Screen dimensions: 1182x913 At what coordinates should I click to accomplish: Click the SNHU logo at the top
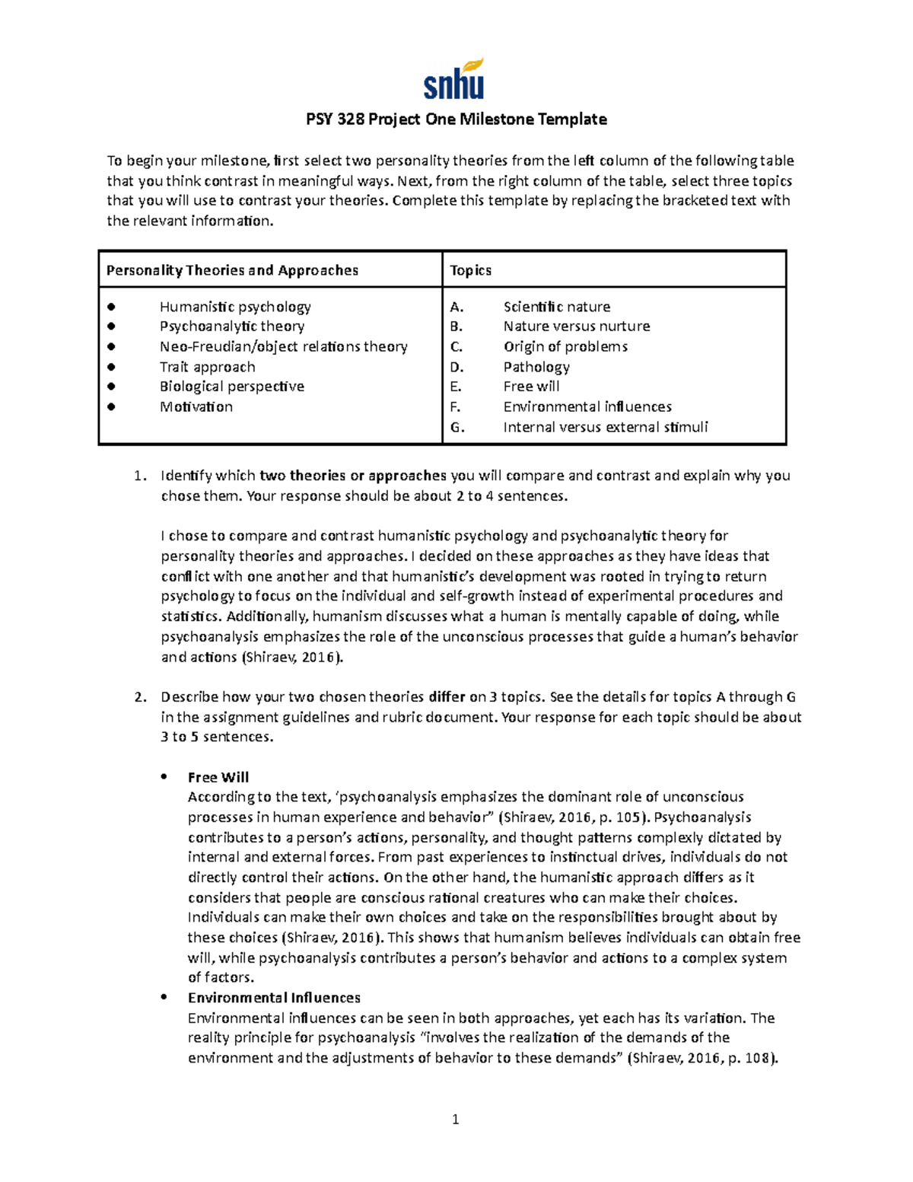tap(454, 79)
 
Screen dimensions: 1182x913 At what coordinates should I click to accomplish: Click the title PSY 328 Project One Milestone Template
tap(456, 119)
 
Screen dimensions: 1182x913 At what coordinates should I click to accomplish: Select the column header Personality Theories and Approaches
tap(232, 270)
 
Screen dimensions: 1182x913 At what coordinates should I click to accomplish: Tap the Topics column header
tap(470, 270)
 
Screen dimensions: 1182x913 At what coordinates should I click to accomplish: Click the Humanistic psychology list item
tap(235, 307)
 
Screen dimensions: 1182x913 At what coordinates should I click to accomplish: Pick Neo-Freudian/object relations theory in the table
tap(283, 346)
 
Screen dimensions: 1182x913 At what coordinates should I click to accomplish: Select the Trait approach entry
tap(207, 367)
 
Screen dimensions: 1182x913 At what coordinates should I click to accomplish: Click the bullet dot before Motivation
tap(111, 406)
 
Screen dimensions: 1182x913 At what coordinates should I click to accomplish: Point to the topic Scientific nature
tap(556, 307)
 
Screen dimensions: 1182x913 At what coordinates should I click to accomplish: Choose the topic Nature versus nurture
tap(576, 326)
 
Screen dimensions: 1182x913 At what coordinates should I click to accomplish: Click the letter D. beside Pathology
tap(456, 367)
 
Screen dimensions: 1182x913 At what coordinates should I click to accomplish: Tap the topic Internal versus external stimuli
tap(605, 427)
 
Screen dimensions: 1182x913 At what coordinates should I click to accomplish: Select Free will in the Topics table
tap(531, 386)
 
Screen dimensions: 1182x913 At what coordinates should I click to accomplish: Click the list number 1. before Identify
tap(139, 476)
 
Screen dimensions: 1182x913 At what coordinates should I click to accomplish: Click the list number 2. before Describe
tap(139, 697)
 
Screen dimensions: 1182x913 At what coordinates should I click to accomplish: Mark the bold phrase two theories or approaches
tap(352, 476)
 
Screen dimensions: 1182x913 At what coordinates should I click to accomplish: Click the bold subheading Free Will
tap(218, 777)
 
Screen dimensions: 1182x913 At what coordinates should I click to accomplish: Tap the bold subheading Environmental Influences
tap(274, 998)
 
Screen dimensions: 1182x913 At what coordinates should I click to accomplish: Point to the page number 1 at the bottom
tap(455, 1119)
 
